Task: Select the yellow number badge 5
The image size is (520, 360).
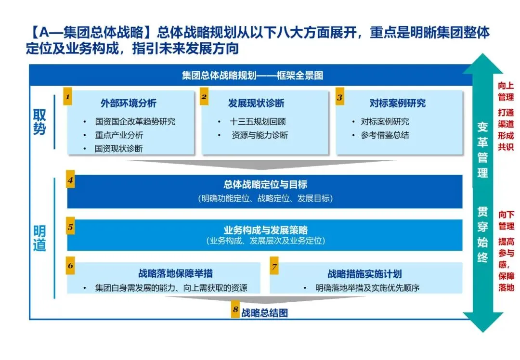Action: click(x=70, y=227)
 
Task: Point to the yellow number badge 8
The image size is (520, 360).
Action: click(x=235, y=310)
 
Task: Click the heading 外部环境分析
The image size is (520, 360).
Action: click(x=129, y=103)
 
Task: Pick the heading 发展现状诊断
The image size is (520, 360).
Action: click(x=256, y=103)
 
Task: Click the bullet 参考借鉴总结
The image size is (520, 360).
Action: click(x=385, y=135)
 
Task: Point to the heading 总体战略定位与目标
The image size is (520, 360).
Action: click(x=265, y=184)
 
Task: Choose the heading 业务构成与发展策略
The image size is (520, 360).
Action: click(x=265, y=230)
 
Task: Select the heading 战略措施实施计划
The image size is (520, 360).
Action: click(x=364, y=274)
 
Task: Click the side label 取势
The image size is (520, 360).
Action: click(x=39, y=122)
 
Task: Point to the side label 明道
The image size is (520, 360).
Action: click(x=39, y=238)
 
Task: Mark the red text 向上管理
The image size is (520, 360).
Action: click(x=506, y=91)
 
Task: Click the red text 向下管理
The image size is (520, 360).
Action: click(x=506, y=219)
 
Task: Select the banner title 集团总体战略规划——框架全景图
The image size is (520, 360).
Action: click(x=252, y=76)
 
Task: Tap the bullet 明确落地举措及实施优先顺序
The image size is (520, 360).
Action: click(x=368, y=288)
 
